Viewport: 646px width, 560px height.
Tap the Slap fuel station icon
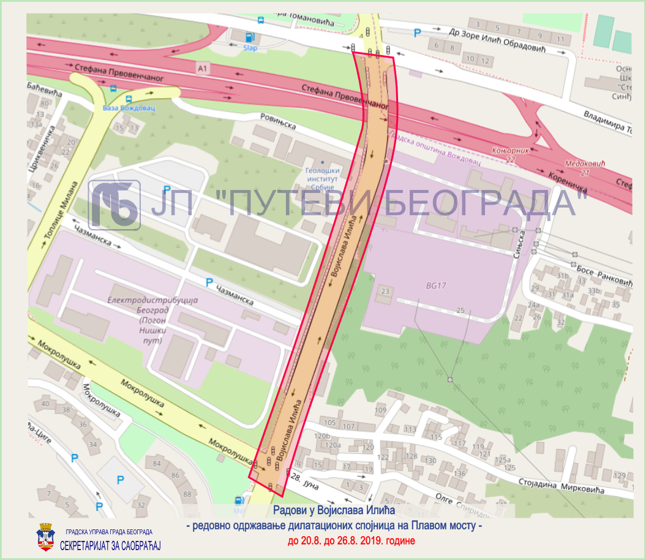250,37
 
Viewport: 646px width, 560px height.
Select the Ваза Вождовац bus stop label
129,108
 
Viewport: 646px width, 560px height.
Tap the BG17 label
437,286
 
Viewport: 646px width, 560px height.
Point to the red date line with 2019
351,541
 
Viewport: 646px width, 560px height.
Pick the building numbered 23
385,290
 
